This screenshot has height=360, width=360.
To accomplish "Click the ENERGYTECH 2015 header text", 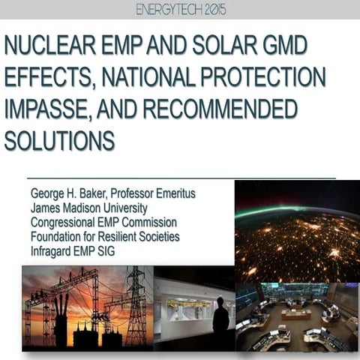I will [x=180, y=10].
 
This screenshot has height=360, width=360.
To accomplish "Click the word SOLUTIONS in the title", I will [x=59, y=141].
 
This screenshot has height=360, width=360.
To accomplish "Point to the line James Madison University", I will [x=88, y=208].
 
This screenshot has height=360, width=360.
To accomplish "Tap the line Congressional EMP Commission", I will [x=103, y=222].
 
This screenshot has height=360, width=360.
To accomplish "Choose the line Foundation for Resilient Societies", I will [x=109, y=237].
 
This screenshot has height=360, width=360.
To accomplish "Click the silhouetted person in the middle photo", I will [x=220, y=316].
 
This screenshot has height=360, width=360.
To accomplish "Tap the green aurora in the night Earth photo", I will [x=285, y=212].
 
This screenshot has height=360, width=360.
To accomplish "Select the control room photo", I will [x=297, y=316].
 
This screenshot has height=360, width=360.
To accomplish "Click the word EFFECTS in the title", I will [x=44, y=78].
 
